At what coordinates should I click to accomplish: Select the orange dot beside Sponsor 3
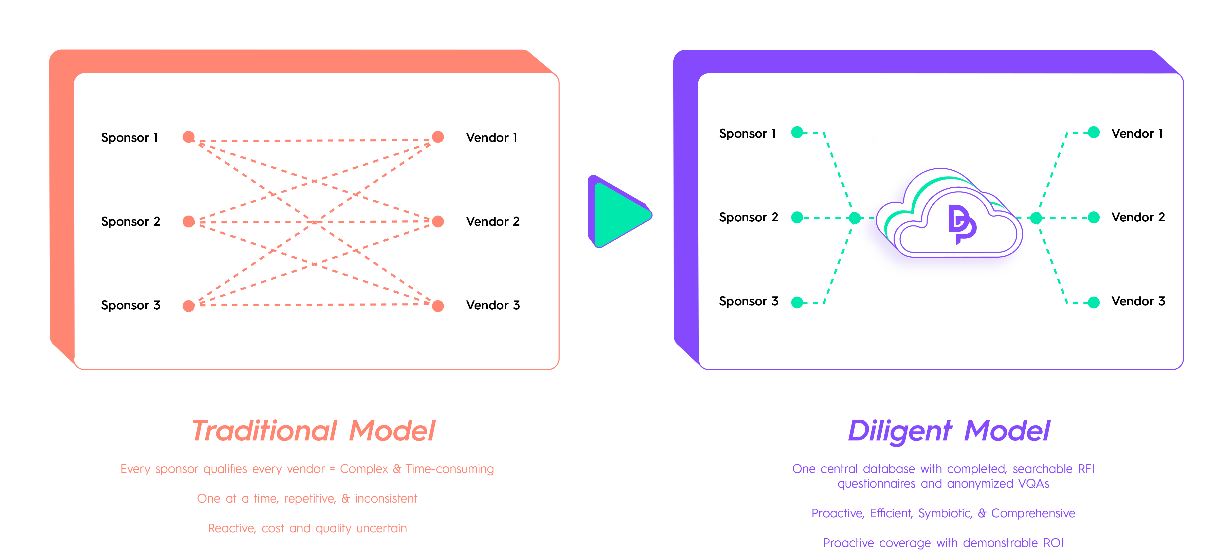[x=189, y=306]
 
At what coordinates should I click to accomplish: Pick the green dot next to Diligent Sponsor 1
[x=797, y=133]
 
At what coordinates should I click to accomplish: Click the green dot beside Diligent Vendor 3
[x=1094, y=302]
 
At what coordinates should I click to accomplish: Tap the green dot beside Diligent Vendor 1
[x=1094, y=133]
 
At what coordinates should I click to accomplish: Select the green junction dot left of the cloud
[x=854, y=218]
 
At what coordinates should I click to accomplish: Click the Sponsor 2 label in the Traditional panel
[x=131, y=221]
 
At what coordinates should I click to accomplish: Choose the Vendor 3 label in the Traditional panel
[x=493, y=305]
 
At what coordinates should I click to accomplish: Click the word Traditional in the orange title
[x=265, y=431]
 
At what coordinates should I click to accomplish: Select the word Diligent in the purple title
[x=899, y=431]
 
